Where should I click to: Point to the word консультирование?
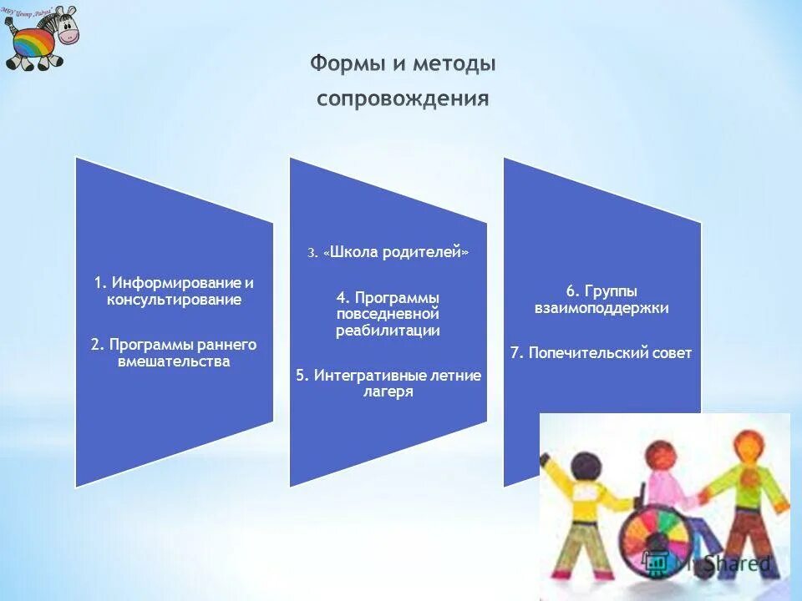(x=174, y=299)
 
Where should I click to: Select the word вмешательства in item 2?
(x=174, y=361)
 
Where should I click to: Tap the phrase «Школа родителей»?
(x=395, y=253)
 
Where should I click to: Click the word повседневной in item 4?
(x=388, y=314)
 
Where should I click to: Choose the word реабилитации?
(x=388, y=331)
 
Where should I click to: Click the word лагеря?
(x=388, y=391)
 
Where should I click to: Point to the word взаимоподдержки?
(x=601, y=307)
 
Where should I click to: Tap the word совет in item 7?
(x=673, y=353)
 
